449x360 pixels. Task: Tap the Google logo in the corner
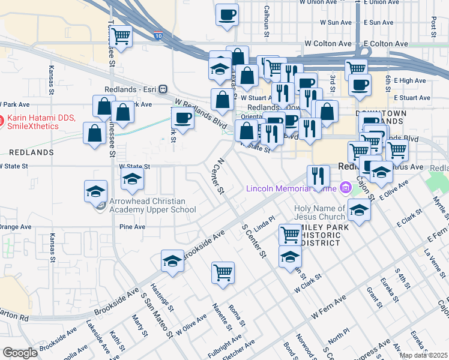click(x=20, y=353)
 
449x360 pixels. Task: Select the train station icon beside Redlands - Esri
click(x=163, y=89)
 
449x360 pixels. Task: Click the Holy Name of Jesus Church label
click(x=319, y=212)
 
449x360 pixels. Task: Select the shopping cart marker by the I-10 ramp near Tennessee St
click(x=121, y=37)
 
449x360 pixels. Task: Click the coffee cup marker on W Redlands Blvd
click(x=182, y=118)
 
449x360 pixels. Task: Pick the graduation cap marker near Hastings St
click(x=172, y=261)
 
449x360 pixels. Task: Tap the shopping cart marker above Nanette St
click(x=223, y=272)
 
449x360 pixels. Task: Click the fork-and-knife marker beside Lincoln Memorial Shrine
click(x=318, y=175)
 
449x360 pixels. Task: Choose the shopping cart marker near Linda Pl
click(x=291, y=234)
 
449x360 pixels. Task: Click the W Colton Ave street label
click(x=328, y=44)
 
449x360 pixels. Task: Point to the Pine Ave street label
click(x=133, y=227)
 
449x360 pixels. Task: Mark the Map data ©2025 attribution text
click(x=423, y=355)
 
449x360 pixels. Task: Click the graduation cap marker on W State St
click(x=132, y=178)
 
